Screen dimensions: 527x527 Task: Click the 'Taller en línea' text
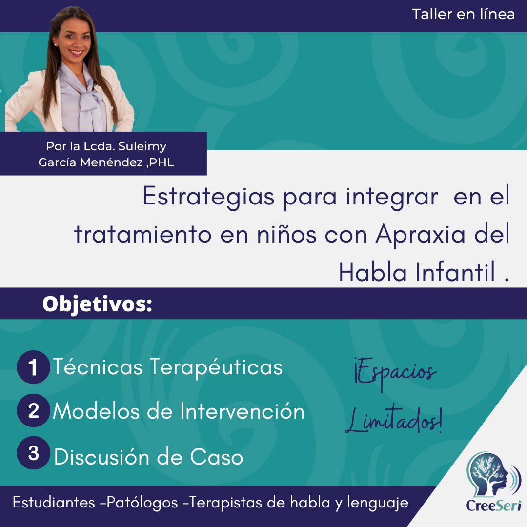pyautogui.click(x=463, y=15)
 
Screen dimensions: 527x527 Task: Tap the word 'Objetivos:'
pyautogui.click(x=98, y=304)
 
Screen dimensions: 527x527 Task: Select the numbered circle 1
pyautogui.click(x=33, y=367)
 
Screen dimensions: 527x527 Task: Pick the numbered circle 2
pyautogui.click(x=33, y=410)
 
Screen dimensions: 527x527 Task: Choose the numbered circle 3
pyautogui.click(x=33, y=453)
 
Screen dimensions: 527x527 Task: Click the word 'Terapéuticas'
pyautogui.click(x=216, y=367)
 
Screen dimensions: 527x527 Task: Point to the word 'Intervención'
pyautogui.click(x=242, y=411)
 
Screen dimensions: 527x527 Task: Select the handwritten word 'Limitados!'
pyautogui.click(x=394, y=420)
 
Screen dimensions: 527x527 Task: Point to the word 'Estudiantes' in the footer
pyautogui.click(x=54, y=503)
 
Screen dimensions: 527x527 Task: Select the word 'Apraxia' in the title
pyautogui.click(x=420, y=235)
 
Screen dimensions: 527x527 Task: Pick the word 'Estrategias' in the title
pyautogui.click(x=208, y=197)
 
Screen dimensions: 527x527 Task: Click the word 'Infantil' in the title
pyautogui.click(x=455, y=272)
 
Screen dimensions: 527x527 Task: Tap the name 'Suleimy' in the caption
pyautogui.click(x=142, y=146)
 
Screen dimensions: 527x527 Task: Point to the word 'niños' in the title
pyautogui.click(x=287, y=234)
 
